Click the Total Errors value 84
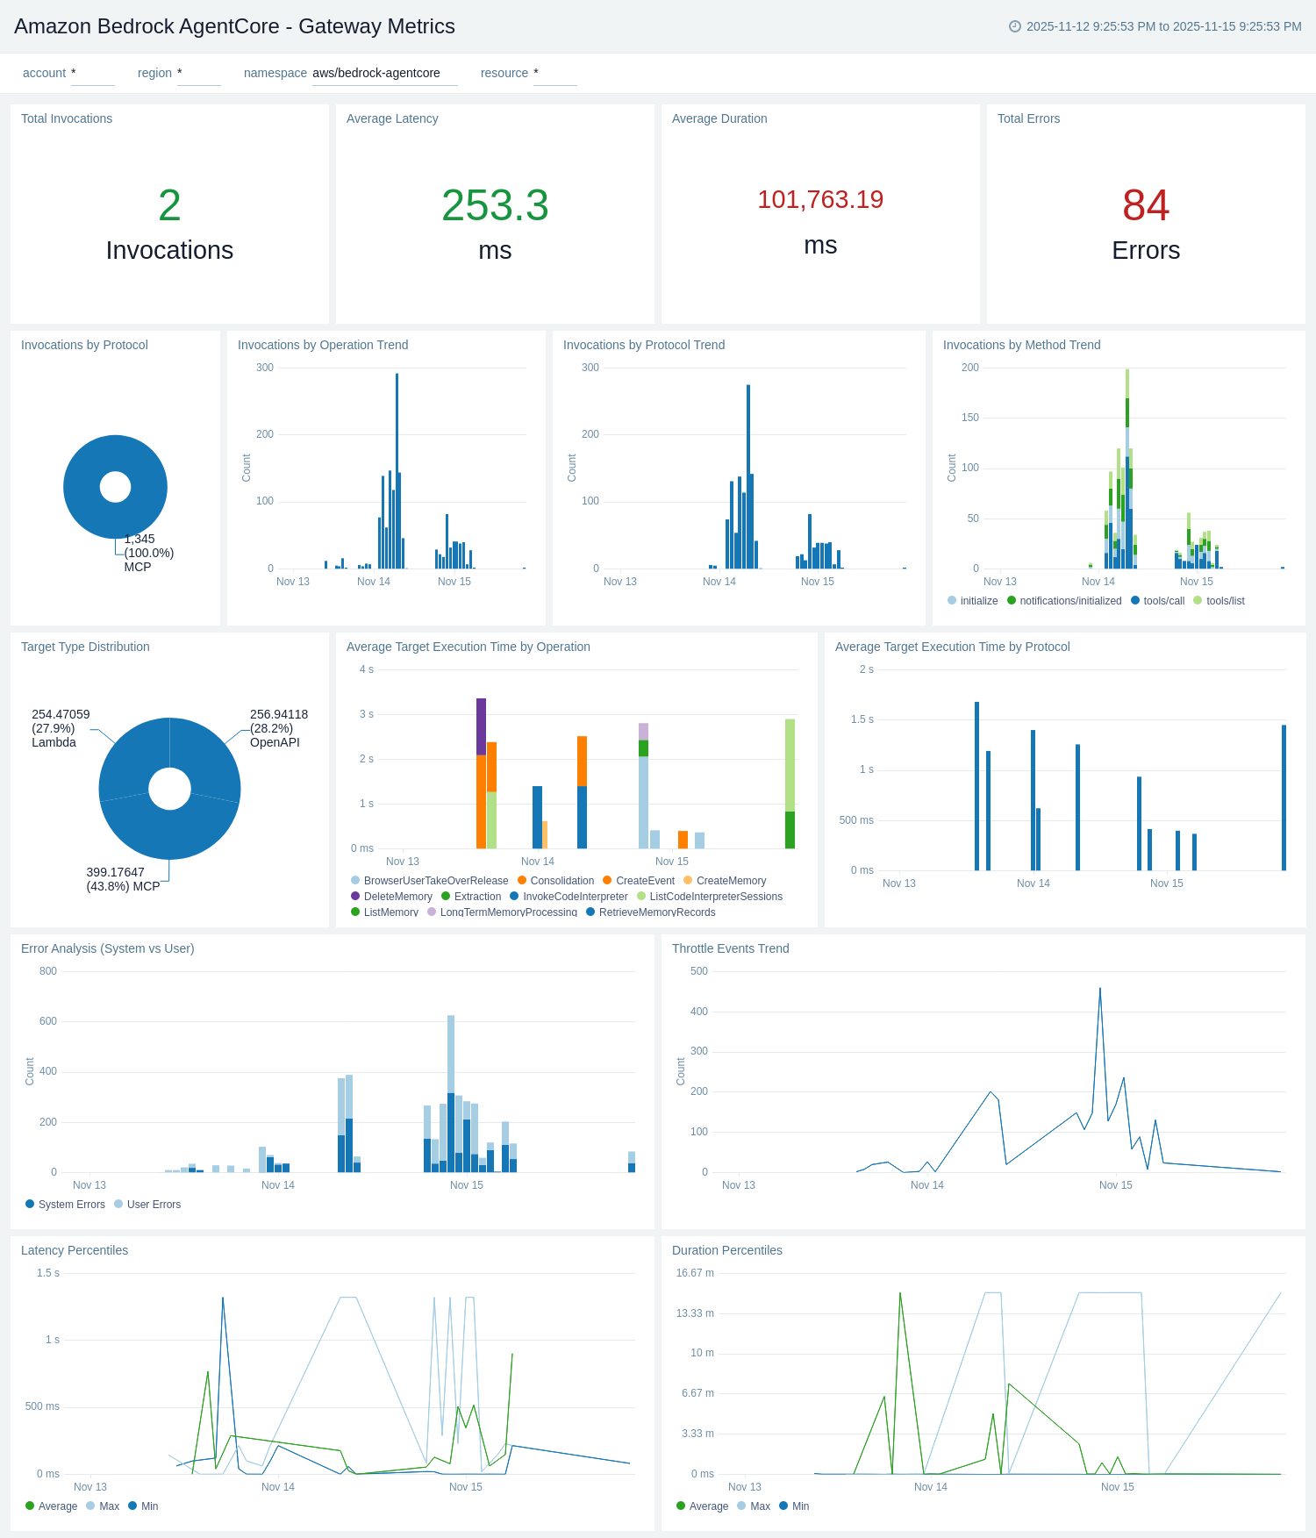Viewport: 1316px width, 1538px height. pos(1145,206)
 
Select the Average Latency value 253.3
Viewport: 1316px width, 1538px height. pos(495,206)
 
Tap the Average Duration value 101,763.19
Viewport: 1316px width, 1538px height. pos(820,200)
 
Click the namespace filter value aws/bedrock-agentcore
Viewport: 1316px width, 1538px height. pos(376,73)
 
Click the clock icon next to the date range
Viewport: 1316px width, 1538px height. pos(1015,26)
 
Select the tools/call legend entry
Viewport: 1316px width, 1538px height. pos(1163,601)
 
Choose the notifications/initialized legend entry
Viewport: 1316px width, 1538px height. pos(1069,601)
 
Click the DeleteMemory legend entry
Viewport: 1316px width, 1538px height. pos(397,897)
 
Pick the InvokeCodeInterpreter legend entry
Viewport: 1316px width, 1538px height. pos(575,897)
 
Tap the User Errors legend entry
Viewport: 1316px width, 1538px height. pos(154,1205)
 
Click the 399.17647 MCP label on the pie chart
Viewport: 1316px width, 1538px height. pos(123,879)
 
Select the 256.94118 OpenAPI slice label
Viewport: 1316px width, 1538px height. pos(278,728)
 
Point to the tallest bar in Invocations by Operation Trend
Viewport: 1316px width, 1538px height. pos(397,474)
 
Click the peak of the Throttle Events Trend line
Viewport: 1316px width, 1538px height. pos(1100,989)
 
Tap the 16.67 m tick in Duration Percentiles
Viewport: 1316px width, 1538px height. pos(694,1273)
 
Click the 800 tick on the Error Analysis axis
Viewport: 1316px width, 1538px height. pos(47,971)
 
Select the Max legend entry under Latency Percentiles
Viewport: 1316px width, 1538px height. pos(109,1506)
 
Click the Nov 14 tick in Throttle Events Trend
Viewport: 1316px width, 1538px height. pos(926,1185)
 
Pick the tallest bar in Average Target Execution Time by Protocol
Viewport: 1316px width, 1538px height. pos(976,785)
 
